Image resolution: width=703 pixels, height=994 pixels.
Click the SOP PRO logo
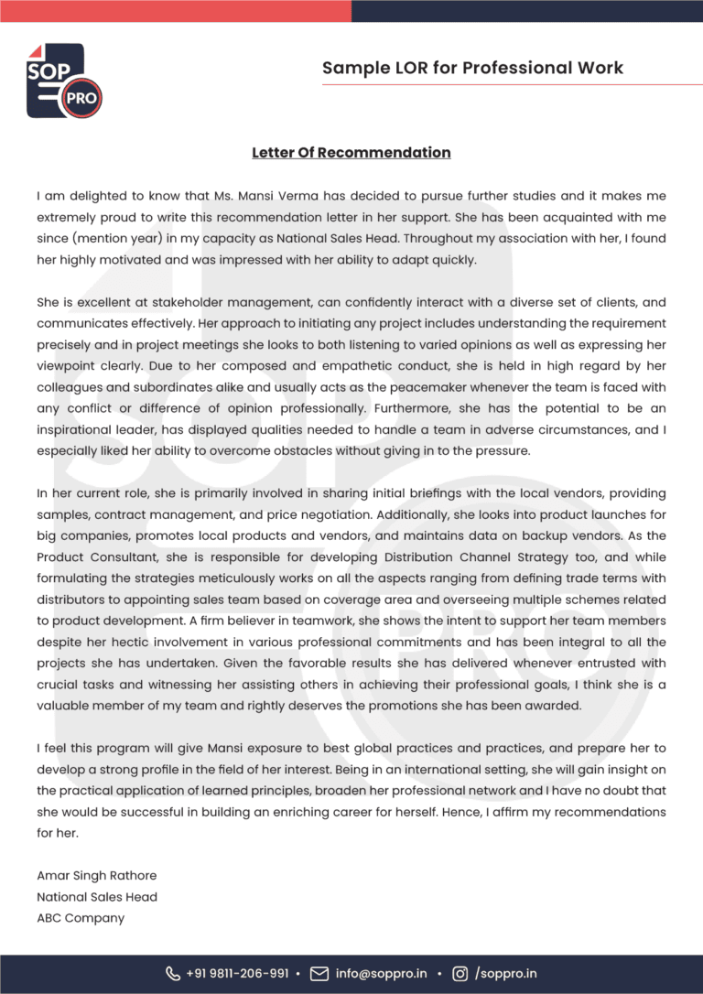pos(63,81)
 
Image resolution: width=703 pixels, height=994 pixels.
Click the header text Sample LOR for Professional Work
pos(472,68)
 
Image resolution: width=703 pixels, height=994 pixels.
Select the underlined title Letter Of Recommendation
pos(351,153)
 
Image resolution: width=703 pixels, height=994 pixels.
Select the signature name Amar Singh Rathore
pos(97,875)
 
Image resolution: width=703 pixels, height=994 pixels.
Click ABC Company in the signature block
pos(81,917)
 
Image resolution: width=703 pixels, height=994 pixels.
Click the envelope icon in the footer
pos(319,973)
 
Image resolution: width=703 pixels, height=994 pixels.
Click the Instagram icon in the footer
pos(461,973)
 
